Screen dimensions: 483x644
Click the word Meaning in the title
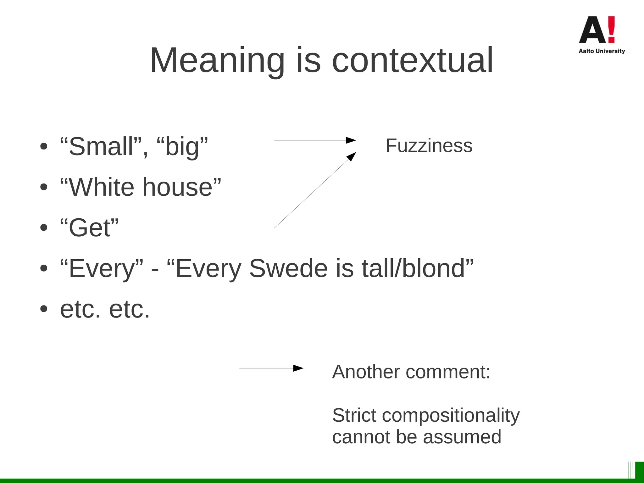coord(217,60)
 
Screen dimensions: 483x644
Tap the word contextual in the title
coord(412,60)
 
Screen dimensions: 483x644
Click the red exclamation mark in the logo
coord(611,30)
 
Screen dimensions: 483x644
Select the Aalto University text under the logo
coord(602,51)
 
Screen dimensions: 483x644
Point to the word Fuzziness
coord(429,146)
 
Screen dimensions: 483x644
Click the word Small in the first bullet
coord(101,147)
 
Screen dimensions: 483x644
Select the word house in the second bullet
coord(178,187)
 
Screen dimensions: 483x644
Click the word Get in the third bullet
coord(90,228)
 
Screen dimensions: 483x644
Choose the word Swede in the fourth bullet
coord(288,268)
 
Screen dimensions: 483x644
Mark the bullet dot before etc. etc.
coord(44,309)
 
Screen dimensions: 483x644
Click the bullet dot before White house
coord(44,187)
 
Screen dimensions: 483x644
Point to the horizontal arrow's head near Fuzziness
coord(351,140)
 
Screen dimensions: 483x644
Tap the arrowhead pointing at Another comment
coord(298,368)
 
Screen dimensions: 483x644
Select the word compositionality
coord(451,415)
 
